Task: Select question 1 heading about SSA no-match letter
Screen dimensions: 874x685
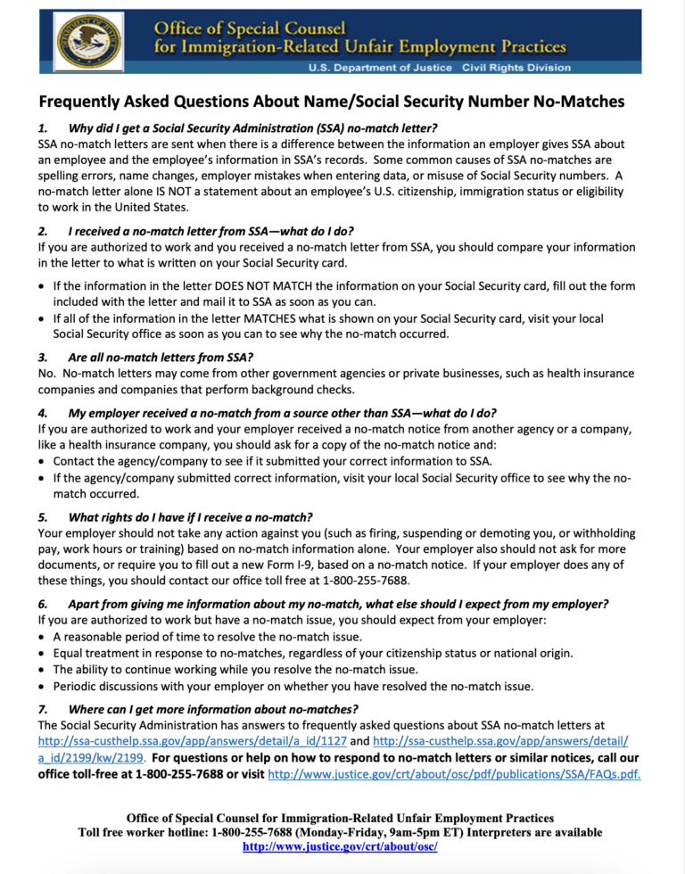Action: click(252, 128)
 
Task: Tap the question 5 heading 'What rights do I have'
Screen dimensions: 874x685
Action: click(190, 517)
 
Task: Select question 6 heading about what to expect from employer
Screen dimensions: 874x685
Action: click(338, 604)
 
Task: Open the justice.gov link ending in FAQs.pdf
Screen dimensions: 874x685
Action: click(454, 773)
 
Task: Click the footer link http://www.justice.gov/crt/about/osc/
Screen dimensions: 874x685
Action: click(340, 846)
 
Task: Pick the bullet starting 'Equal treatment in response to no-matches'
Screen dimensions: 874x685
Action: click(312, 653)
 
